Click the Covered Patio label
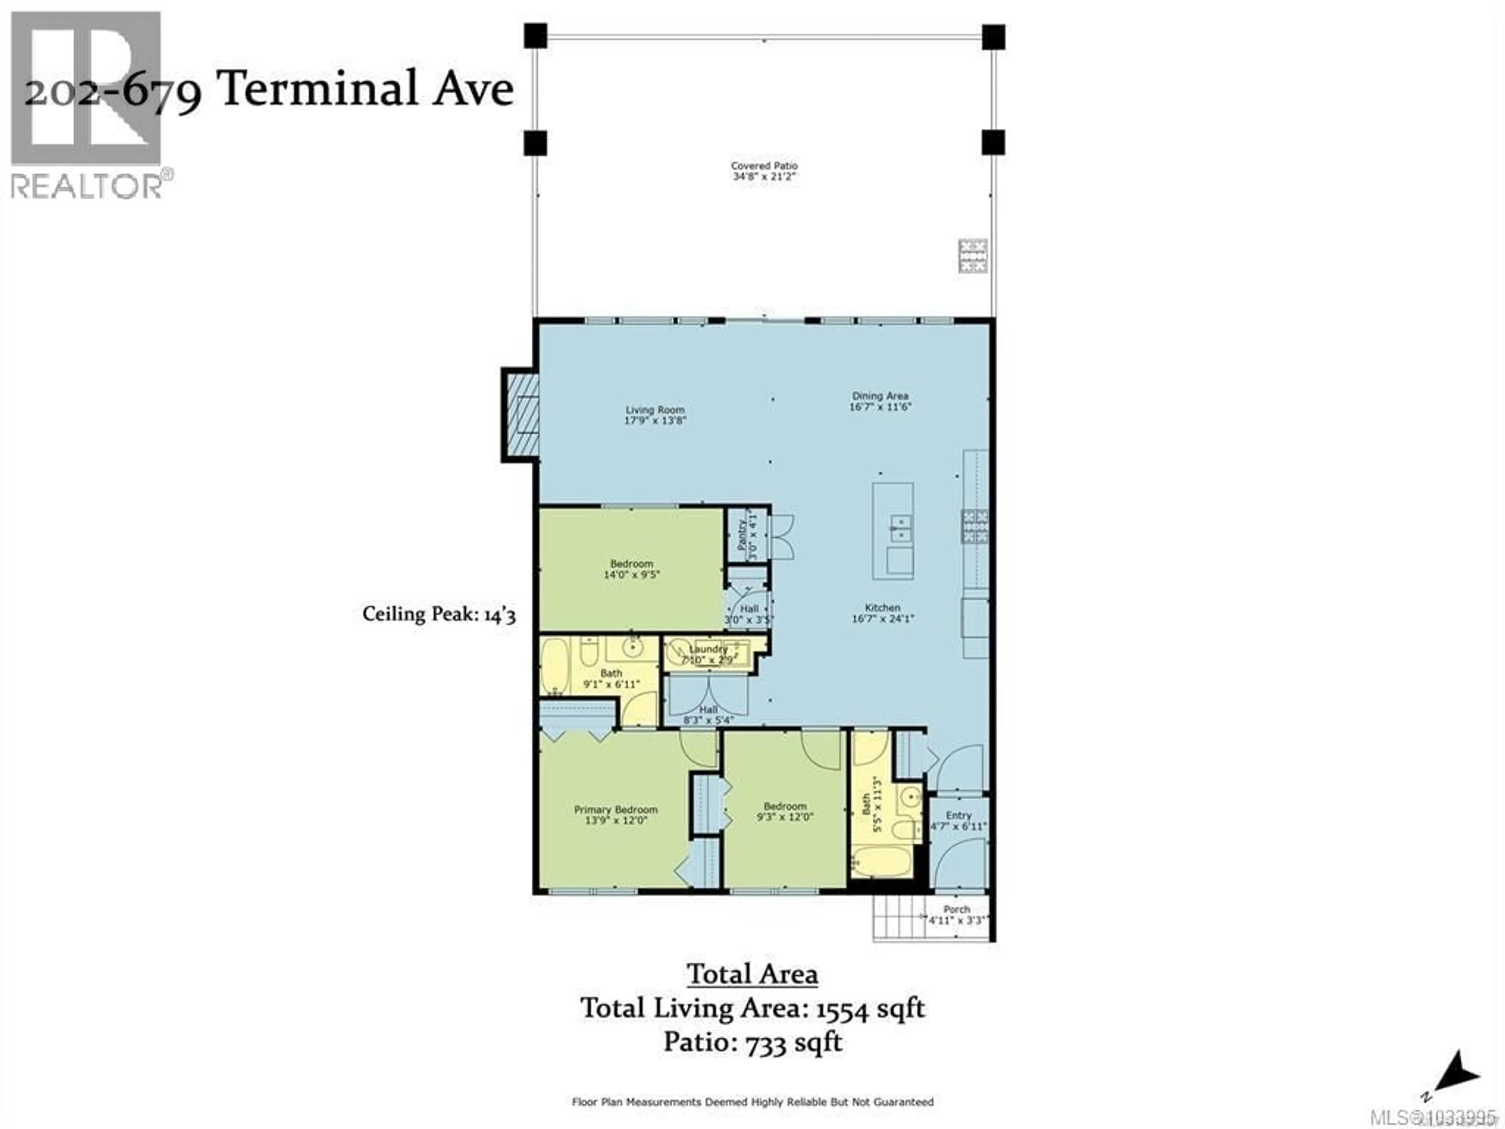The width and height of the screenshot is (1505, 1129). (764, 165)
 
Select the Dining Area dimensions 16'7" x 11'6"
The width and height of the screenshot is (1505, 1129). (880, 407)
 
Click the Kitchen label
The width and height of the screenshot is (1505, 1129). (883, 607)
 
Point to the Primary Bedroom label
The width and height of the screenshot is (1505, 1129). (616, 809)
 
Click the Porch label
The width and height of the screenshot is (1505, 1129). (957, 909)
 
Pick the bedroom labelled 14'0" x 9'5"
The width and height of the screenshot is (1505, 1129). (631, 569)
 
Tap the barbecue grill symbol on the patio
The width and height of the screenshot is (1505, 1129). (972, 256)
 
